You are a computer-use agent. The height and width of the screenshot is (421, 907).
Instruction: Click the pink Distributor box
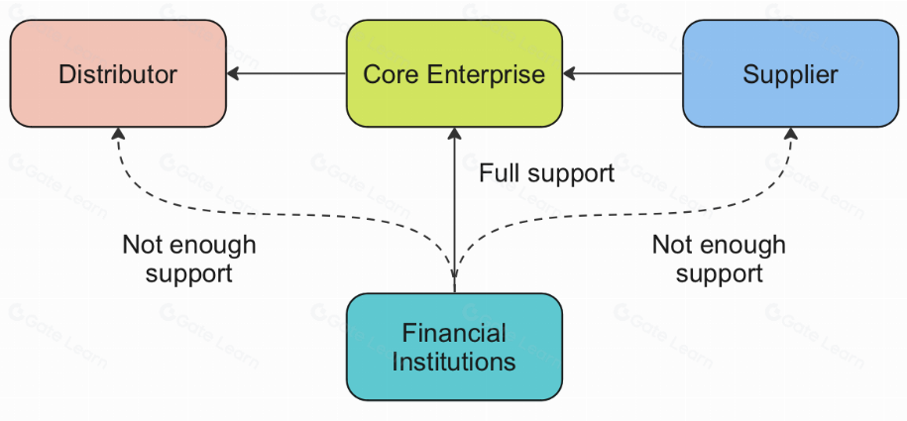pos(118,73)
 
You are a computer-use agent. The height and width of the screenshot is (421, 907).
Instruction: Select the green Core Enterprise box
pos(454,73)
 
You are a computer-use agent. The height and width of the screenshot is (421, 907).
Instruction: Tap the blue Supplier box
pos(790,73)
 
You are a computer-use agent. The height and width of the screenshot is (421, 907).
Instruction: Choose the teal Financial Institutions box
pos(454,346)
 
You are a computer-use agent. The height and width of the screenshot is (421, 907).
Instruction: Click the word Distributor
pos(118,74)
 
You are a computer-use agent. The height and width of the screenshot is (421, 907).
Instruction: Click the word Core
pos(387,74)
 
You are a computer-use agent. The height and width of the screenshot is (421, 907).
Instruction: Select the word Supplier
pos(790,74)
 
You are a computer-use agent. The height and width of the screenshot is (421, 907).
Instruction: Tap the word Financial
pos(454,333)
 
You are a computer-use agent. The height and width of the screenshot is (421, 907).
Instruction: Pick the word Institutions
pos(454,361)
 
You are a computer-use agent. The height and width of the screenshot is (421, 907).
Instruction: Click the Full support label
pos(546,173)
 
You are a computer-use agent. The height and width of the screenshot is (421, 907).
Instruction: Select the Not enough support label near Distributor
pos(188,259)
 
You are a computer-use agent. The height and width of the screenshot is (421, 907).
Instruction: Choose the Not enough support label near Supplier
pos(719,259)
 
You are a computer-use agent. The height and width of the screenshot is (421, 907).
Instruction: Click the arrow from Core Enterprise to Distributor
pos(287,73)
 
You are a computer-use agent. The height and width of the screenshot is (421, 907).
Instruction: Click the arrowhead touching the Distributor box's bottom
pos(118,134)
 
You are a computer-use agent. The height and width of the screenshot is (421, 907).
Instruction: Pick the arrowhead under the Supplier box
pos(791,134)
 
